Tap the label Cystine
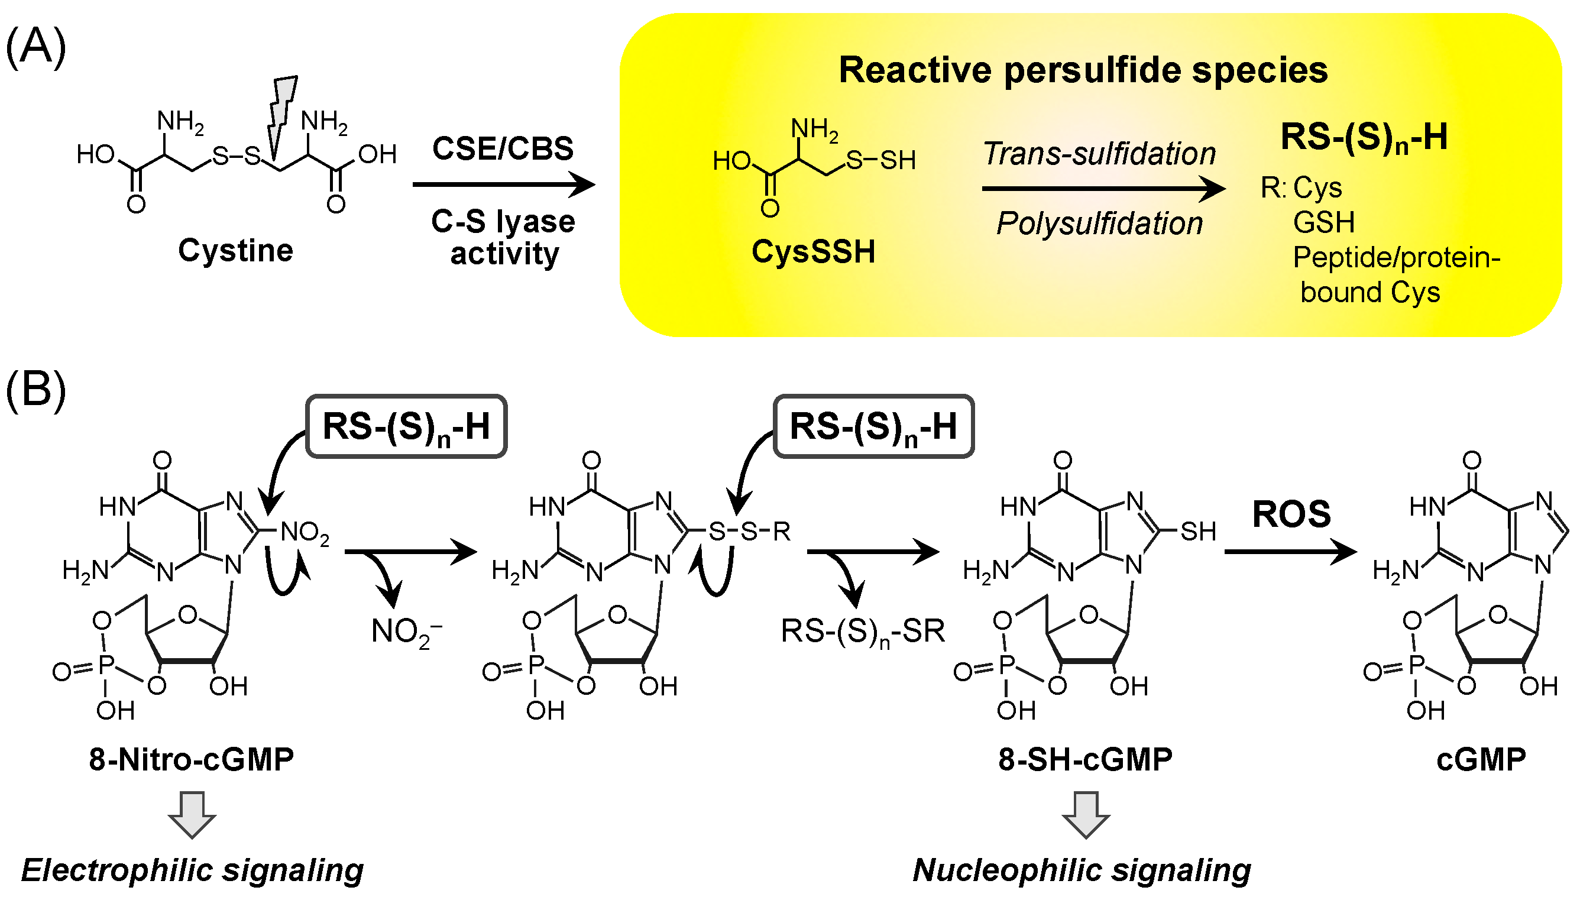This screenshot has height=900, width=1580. tap(235, 251)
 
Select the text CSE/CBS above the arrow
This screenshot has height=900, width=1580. tap(503, 148)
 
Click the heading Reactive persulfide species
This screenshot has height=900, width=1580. tap(1083, 70)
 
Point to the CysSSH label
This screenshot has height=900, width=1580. tap(813, 252)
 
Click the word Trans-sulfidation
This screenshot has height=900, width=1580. tap(1099, 154)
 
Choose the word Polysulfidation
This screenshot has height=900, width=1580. tap(1099, 223)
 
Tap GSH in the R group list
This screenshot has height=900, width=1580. tap(1323, 222)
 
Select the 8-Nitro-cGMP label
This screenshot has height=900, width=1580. tap(192, 759)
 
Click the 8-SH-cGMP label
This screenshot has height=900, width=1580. tap(1085, 759)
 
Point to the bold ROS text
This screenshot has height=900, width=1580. tap(1291, 514)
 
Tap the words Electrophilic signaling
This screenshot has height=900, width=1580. tap(192, 870)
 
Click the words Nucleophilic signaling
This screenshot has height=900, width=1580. tap(1082, 870)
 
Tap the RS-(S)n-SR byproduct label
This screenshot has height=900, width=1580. tap(863, 632)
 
